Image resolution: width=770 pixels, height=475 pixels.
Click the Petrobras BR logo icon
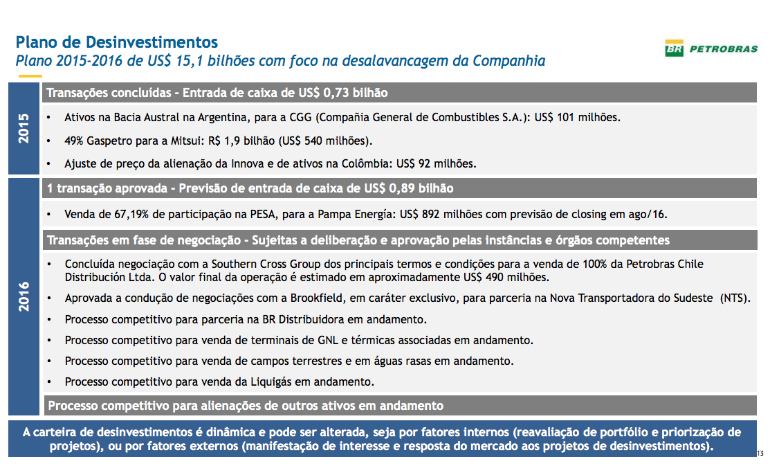point(675,49)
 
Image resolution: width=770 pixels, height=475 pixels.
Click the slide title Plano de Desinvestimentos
point(117,42)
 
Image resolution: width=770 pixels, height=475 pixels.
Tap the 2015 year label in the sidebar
point(24,128)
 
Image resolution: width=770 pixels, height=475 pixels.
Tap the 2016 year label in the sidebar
point(24,296)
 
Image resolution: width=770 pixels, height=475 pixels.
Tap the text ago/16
point(648,214)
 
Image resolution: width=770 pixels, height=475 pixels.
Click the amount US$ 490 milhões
point(506,278)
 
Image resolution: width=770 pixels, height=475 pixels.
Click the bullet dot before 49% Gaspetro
point(49,141)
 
